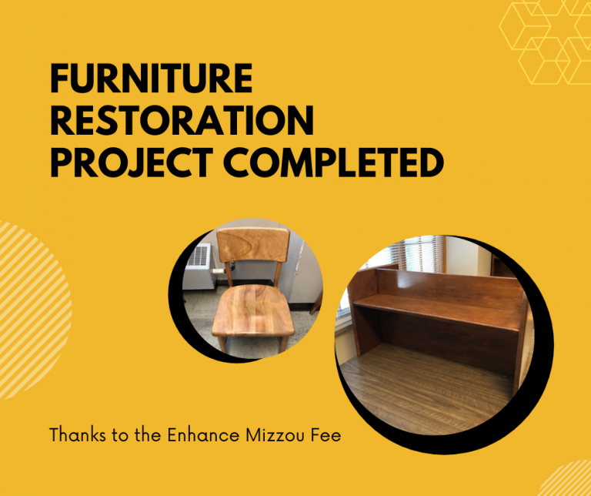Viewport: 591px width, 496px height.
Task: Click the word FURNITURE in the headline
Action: (151, 78)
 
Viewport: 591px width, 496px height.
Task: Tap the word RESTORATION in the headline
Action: (182, 120)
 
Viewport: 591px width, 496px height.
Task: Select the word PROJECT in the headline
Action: (132, 163)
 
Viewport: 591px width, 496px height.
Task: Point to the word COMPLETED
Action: (333, 163)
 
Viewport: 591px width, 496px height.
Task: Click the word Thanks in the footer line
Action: (78, 435)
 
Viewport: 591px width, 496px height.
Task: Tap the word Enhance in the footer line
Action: (203, 435)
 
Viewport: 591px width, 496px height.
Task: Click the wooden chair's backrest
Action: (253, 244)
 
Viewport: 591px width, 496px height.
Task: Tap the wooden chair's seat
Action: (252, 310)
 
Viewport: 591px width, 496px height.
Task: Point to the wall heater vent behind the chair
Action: (199, 256)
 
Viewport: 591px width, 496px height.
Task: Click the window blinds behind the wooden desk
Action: (419, 254)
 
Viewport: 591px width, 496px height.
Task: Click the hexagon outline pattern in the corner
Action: (546, 42)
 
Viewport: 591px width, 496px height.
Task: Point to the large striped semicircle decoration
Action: (34, 310)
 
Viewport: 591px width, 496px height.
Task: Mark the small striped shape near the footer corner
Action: (567, 479)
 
